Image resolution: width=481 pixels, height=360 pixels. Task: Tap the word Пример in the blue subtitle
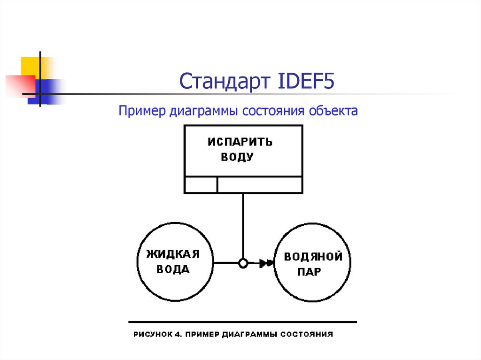click(x=138, y=111)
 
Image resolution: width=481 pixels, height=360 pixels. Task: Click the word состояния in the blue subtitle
click(x=273, y=111)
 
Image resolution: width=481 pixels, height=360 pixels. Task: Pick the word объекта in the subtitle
click(x=334, y=111)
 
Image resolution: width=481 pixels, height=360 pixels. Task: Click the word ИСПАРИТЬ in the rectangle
click(x=240, y=142)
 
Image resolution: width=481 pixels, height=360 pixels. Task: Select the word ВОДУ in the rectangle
click(x=237, y=157)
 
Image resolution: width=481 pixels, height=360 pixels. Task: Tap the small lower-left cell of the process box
click(x=201, y=184)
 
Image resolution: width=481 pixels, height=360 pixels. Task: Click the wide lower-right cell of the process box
click(x=260, y=184)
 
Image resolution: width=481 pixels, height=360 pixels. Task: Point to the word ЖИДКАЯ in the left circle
click(x=173, y=254)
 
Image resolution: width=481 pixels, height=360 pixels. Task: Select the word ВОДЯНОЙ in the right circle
click(x=312, y=257)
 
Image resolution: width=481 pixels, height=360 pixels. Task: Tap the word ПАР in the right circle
click(x=309, y=272)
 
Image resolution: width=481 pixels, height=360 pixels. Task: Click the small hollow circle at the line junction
click(x=243, y=263)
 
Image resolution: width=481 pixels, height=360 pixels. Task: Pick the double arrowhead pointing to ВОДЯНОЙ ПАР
click(x=267, y=263)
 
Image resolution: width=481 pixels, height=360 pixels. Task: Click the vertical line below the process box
click(x=243, y=225)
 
